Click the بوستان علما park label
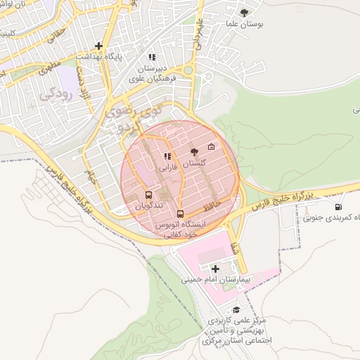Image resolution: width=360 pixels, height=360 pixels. tap(244, 24)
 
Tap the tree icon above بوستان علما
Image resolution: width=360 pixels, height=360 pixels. tap(244, 12)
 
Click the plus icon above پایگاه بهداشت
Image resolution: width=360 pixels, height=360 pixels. tap(99, 45)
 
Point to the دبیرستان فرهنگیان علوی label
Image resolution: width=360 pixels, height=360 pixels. tap(150, 75)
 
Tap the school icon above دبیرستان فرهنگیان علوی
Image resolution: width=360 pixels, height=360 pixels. tap(150, 57)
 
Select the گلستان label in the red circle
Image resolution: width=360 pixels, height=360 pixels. tap(195, 163)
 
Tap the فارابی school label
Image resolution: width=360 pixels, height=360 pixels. tap(167, 168)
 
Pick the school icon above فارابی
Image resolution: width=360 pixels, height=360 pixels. tap(167, 157)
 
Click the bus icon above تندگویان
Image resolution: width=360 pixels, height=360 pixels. tap(148, 195)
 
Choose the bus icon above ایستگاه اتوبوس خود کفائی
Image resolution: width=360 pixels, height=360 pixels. tap(181, 213)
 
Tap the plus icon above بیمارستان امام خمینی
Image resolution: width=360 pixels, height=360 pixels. tap(215, 269)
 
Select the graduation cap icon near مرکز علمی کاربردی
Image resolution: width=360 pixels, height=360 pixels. tap(236, 309)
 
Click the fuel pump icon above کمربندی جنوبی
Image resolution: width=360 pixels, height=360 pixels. tap(340, 207)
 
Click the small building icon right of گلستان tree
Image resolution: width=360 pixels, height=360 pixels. tap(212, 147)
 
